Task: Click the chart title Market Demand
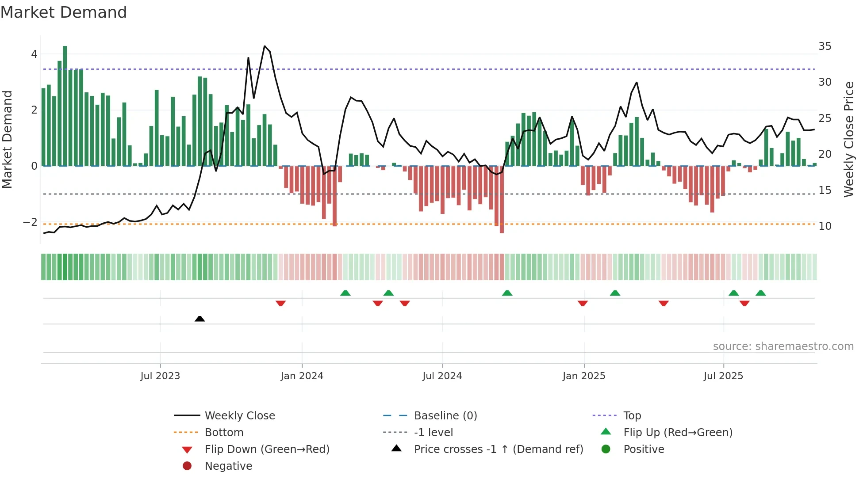coord(64,12)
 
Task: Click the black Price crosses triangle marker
coord(199,319)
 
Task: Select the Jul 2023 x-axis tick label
coord(160,376)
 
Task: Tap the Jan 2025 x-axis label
coord(584,376)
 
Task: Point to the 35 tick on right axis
coord(825,46)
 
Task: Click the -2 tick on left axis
coord(31,222)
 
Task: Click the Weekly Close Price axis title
coord(848,139)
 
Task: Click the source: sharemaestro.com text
coord(783,346)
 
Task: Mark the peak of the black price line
coord(265,46)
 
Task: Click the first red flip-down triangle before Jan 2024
coord(280,303)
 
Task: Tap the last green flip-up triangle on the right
coord(760,293)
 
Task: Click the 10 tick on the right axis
coord(825,226)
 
